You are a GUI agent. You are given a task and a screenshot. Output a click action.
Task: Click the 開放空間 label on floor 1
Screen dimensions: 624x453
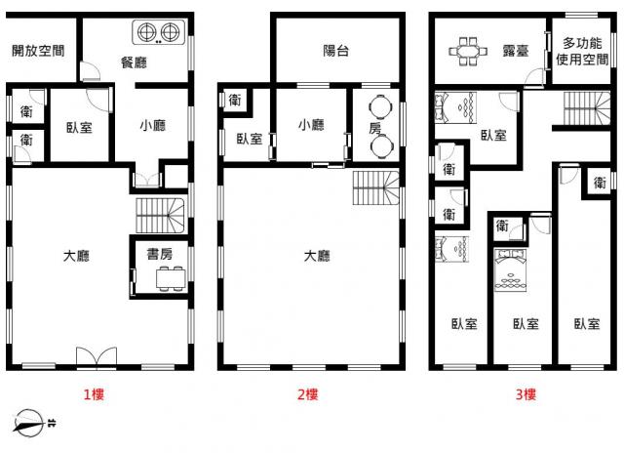click(x=38, y=51)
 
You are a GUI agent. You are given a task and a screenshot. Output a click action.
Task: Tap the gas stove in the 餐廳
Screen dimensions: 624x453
click(x=159, y=32)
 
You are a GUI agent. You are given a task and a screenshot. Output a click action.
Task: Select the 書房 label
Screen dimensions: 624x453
click(x=160, y=254)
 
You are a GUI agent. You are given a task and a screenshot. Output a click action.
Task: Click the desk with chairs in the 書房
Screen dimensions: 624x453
click(x=171, y=277)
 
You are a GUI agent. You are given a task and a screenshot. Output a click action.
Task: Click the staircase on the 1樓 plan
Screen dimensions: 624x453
click(x=161, y=216)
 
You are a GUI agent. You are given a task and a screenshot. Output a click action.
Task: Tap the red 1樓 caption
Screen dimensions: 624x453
click(x=94, y=394)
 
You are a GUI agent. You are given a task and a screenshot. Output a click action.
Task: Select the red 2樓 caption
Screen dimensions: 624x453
click(x=308, y=394)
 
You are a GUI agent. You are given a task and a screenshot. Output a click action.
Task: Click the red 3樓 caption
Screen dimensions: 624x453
click(x=526, y=394)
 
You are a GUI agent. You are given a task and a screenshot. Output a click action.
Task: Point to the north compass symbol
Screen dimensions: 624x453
click(x=28, y=423)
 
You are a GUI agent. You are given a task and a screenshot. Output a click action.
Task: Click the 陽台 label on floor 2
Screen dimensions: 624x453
click(x=335, y=51)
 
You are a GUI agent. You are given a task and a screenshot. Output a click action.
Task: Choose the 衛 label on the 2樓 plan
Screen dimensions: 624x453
click(x=235, y=100)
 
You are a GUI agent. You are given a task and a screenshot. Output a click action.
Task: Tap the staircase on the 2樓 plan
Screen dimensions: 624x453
click(x=375, y=187)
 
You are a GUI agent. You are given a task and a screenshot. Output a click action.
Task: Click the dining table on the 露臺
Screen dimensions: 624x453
click(x=468, y=52)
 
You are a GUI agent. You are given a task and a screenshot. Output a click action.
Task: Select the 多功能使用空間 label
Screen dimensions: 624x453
click(x=582, y=51)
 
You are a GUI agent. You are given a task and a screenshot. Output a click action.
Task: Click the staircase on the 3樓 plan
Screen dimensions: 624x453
click(x=587, y=108)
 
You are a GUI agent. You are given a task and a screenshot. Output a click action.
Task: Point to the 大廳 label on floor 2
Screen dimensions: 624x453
click(x=317, y=256)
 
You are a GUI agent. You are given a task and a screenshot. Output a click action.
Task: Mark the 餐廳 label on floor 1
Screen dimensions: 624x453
click(x=134, y=62)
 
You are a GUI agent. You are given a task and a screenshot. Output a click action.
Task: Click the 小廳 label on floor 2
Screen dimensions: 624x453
click(x=311, y=125)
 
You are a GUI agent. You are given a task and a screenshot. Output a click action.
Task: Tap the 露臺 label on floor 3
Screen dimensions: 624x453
click(x=516, y=51)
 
